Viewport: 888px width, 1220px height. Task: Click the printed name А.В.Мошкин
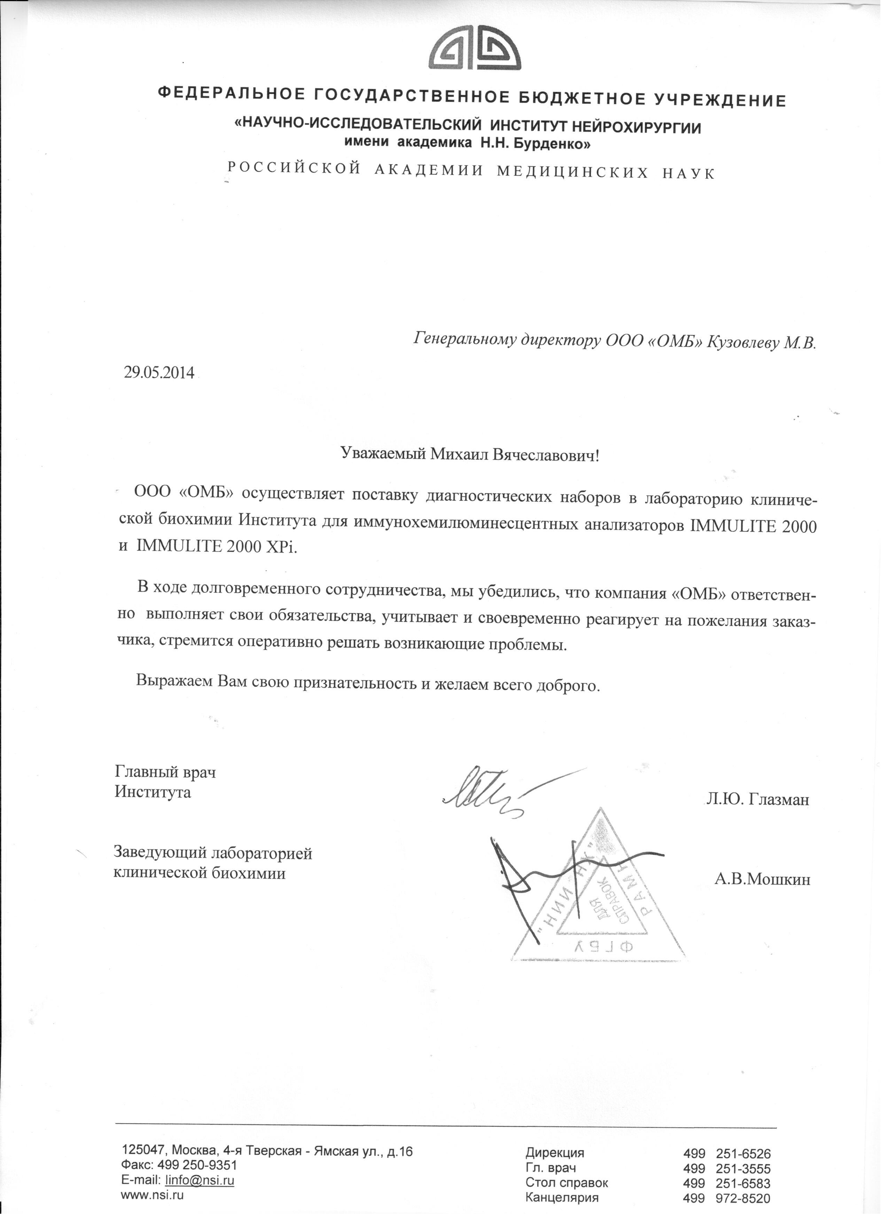pyautogui.click(x=762, y=879)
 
